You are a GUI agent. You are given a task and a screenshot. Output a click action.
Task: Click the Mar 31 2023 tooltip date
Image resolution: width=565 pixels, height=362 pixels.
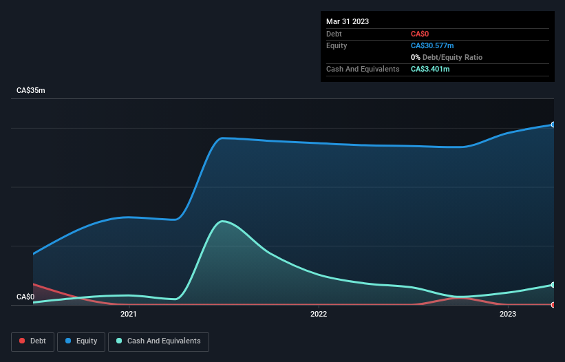(x=348, y=21)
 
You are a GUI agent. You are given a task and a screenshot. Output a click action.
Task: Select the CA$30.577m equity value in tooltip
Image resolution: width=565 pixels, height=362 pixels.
(x=432, y=45)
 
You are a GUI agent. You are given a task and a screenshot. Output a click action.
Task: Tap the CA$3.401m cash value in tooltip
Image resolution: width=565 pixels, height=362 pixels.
(x=430, y=69)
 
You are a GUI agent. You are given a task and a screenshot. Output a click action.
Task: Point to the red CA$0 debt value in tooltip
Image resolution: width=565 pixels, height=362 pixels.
(x=420, y=34)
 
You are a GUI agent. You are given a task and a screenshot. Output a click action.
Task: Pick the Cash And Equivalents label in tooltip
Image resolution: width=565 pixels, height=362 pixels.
(x=363, y=69)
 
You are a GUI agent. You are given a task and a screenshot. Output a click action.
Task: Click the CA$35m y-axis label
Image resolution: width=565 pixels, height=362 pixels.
(x=31, y=91)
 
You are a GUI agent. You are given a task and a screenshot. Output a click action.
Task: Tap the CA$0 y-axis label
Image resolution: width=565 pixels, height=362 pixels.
(x=25, y=297)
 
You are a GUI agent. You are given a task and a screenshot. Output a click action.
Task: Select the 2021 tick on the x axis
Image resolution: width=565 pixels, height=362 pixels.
(x=128, y=315)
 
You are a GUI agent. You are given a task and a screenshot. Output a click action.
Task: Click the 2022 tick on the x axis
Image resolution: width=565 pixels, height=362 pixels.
(x=318, y=315)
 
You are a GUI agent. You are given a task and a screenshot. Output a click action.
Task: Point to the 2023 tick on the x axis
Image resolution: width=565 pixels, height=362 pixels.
(x=508, y=315)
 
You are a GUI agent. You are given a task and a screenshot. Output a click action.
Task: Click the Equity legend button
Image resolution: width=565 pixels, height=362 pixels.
(x=81, y=341)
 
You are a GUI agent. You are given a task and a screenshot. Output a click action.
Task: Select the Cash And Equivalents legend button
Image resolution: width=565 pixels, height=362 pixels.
(x=158, y=341)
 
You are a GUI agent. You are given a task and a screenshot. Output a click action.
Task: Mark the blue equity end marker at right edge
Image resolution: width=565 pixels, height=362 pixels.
(x=553, y=125)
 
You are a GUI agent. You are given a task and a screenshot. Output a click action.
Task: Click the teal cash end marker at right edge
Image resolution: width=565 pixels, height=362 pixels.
(x=553, y=285)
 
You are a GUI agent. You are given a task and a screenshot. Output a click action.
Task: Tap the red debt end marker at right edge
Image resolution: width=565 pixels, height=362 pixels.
(x=553, y=304)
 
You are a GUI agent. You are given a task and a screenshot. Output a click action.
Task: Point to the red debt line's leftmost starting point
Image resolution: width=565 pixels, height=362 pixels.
(x=33, y=284)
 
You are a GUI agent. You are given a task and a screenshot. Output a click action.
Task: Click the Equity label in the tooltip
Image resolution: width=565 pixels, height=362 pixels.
(x=337, y=45)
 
